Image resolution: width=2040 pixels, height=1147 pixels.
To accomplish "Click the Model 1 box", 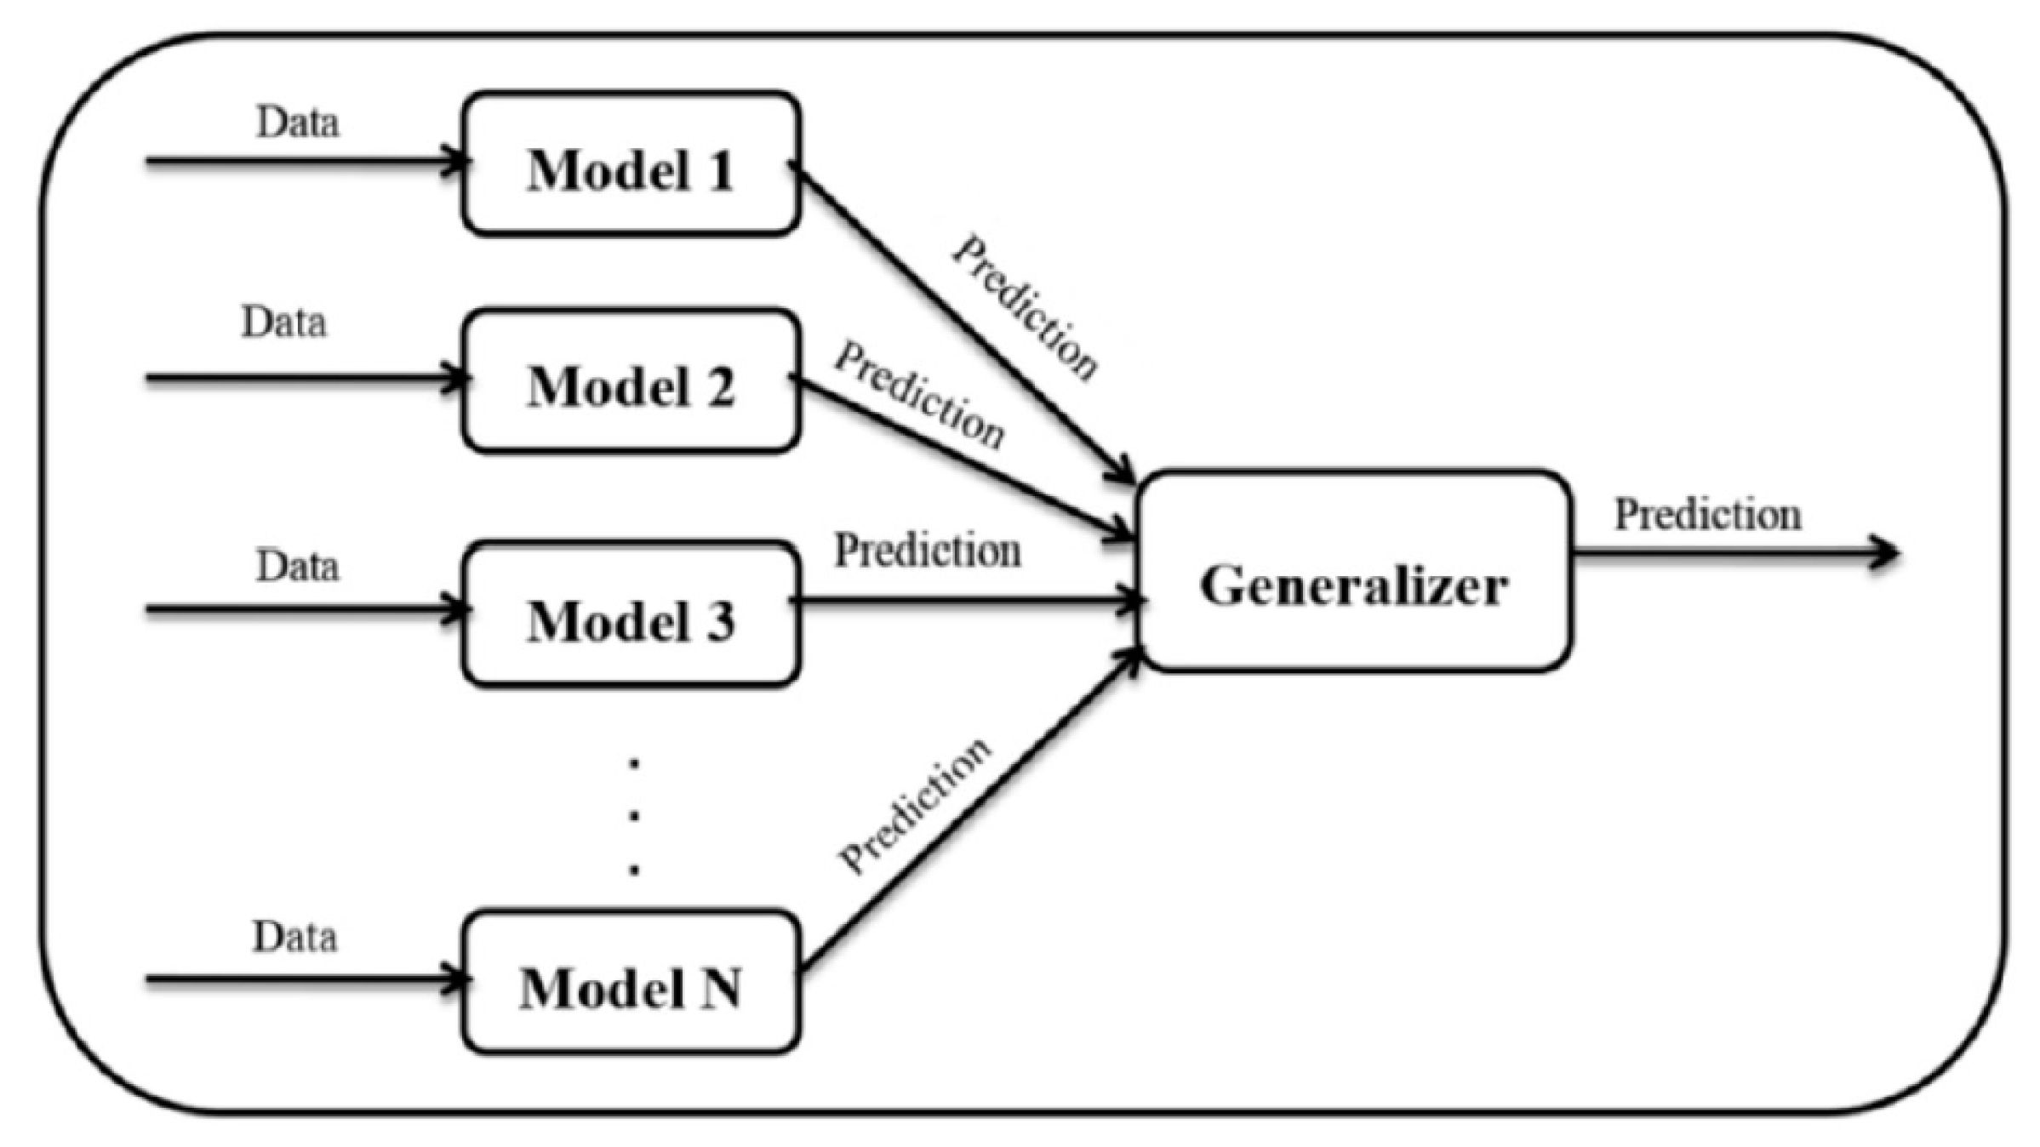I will [631, 163].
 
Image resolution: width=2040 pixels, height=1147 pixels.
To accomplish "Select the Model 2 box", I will [631, 380].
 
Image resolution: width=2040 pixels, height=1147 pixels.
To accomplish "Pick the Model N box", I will [631, 983].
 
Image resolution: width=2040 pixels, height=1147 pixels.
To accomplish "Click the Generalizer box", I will [1354, 572].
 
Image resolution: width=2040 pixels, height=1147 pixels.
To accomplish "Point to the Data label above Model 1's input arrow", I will [298, 123].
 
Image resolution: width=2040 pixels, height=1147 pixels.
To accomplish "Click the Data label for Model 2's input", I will [284, 322].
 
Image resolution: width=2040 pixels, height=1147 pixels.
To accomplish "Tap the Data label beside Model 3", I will [298, 566].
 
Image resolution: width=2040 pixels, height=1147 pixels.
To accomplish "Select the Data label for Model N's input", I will [294, 937].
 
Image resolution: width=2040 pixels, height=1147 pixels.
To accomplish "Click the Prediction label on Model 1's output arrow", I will [1025, 308].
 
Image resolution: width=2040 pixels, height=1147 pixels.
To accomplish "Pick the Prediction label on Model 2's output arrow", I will [919, 395].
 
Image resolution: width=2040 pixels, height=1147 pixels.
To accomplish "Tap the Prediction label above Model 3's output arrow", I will [928, 551].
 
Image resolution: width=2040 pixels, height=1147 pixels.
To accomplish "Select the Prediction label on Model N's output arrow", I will [915, 805].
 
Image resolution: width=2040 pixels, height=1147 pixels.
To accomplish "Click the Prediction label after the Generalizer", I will [1707, 515].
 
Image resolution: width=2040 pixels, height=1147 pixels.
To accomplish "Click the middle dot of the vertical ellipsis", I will [634, 816].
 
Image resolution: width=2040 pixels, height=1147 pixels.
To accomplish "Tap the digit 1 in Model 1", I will [720, 170].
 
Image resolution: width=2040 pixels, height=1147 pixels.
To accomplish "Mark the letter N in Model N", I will [720, 989].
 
